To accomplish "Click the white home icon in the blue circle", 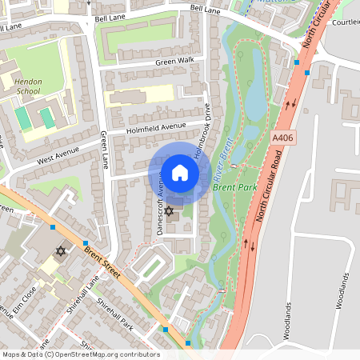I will (180, 172).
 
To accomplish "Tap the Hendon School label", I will (28, 86).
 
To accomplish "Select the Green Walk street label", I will (175, 60).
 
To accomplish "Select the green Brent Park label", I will (232, 187).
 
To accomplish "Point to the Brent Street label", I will (102, 262).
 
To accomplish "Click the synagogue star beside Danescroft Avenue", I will (169, 211).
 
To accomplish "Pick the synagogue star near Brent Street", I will (60, 251).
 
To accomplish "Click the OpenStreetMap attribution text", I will (80, 354).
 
